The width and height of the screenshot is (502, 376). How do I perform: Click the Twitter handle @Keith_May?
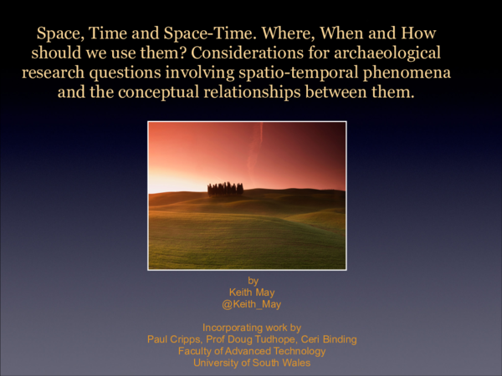point(251,305)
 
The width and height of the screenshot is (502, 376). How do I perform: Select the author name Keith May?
point(251,292)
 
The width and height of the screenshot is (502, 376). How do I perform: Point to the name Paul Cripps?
point(176,339)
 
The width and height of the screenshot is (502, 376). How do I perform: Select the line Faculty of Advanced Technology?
point(251,351)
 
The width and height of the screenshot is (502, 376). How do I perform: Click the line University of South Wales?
point(251,363)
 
